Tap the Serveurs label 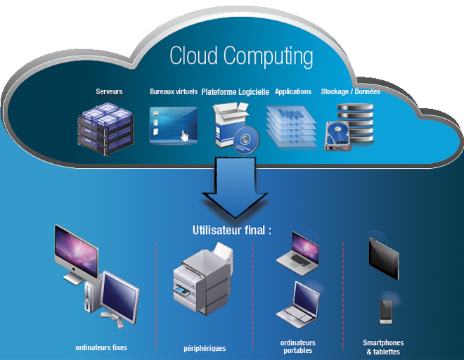pyautogui.click(x=109, y=91)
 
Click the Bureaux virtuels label pyautogui.click(x=173, y=91)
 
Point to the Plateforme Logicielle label pyautogui.click(x=236, y=91)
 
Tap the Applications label pyautogui.click(x=293, y=91)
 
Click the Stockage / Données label pyautogui.click(x=351, y=91)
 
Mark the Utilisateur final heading pyautogui.click(x=231, y=230)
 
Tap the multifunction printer pyautogui.click(x=202, y=279)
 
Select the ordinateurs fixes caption pyautogui.click(x=101, y=347)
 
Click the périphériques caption pyautogui.click(x=204, y=347)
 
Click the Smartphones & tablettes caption pyautogui.click(x=384, y=346)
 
